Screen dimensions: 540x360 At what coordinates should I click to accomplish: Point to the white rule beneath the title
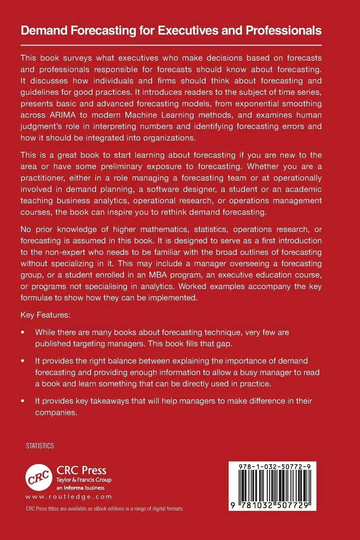[x=171, y=45]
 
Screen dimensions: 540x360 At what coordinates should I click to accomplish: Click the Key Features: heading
[x=45, y=315]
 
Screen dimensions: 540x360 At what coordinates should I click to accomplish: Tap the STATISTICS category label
[x=40, y=446]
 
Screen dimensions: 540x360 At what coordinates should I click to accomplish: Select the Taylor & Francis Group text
[x=84, y=480]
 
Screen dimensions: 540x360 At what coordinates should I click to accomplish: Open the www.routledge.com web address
[x=69, y=497]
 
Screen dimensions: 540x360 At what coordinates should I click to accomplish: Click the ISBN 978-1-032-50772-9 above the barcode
[x=272, y=467]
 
